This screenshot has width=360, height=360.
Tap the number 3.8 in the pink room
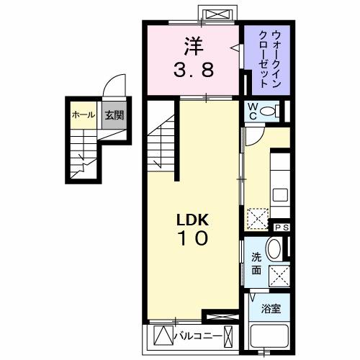point(193,71)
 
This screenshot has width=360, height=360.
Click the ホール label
point(81,114)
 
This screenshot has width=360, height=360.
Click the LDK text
point(192,220)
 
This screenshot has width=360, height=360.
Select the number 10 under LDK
point(192,239)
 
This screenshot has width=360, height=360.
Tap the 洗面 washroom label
point(256,265)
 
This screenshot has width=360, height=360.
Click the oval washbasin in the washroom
point(275,251)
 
